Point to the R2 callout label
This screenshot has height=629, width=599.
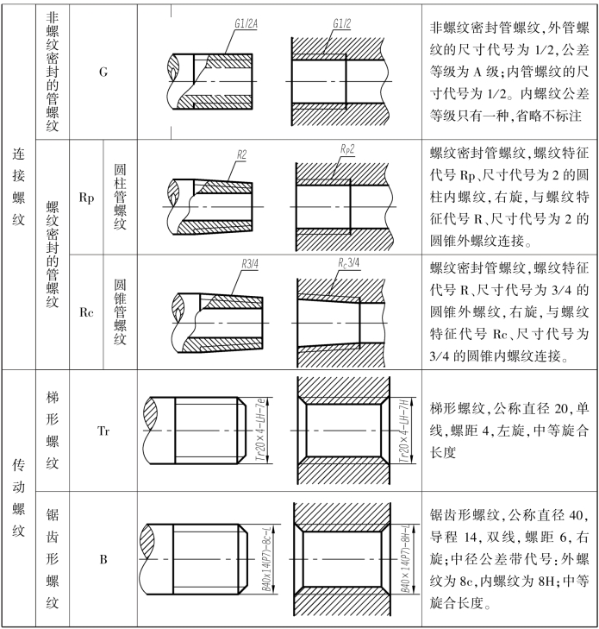click(243, 154)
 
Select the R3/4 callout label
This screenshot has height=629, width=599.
click(251, 261)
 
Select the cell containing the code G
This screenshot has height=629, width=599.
click(103, 71)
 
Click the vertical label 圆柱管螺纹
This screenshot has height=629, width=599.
click(120, 198)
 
